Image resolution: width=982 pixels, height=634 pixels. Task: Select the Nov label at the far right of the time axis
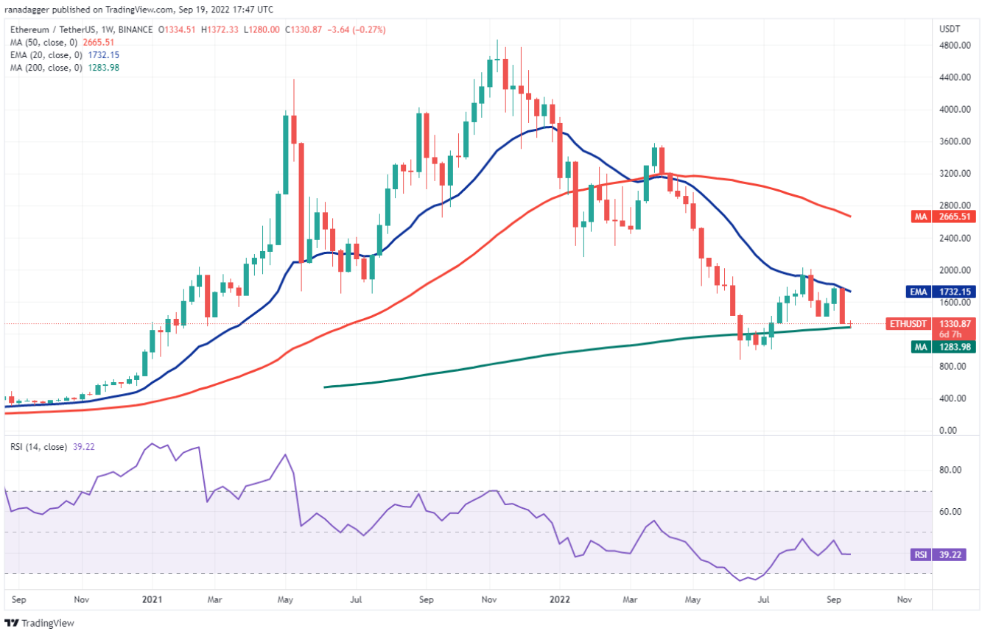[904, 600]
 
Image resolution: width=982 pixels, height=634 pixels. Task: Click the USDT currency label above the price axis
[950, 29]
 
